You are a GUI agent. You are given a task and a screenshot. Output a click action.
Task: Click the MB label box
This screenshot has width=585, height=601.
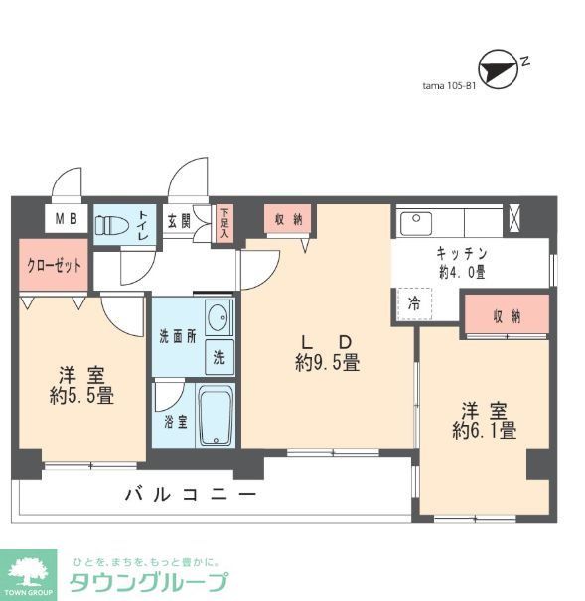tap(67, 220)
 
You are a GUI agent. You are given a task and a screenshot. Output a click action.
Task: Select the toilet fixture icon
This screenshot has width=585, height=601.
tap(110, 223)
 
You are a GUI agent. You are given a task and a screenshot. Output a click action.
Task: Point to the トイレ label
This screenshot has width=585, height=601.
tap(143, 223)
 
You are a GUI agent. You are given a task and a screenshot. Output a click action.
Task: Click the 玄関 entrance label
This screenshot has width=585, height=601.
tap(180, 221)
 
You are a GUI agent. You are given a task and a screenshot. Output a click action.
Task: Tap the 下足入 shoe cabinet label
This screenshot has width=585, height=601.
tap(224, 223)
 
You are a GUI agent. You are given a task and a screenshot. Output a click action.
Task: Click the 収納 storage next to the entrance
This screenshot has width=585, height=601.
tap(288, 219)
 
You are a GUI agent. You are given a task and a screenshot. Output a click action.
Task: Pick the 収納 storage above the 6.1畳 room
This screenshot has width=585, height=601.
tap(507, 315)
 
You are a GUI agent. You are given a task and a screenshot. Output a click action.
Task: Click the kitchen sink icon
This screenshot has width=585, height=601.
tap(413, 222)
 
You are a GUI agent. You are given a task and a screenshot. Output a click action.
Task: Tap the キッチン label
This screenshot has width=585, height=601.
tap(462, 253)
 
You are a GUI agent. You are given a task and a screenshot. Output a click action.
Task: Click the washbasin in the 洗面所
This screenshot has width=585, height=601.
tap(219, 319)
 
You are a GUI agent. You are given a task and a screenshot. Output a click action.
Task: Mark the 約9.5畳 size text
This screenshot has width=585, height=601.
tap(327, 364)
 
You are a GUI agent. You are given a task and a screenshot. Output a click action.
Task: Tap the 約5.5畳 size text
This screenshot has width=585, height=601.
tap(81, 395)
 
